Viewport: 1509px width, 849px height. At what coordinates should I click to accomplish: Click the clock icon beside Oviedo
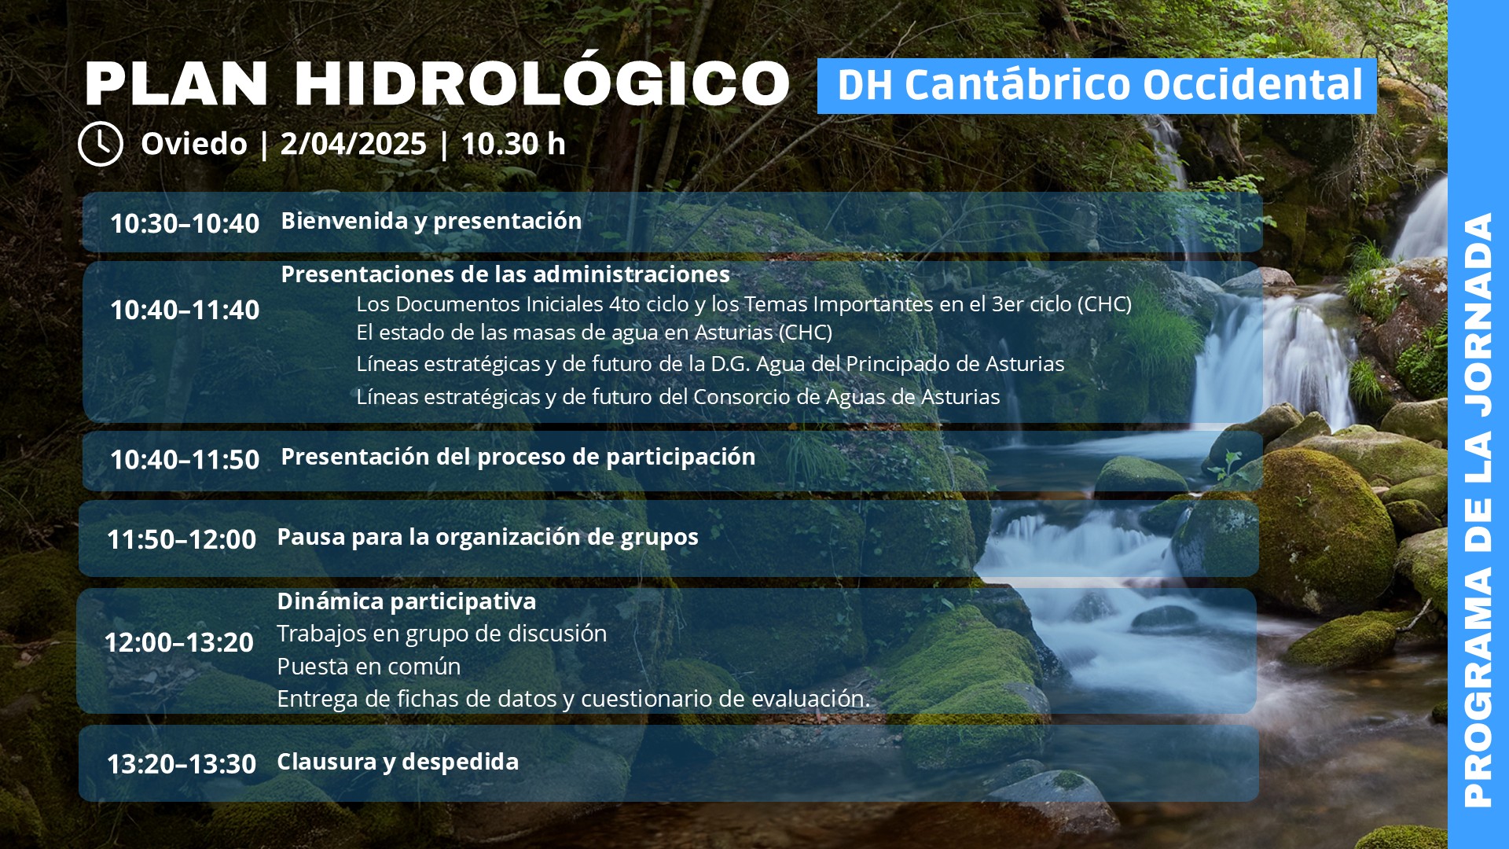click(x=101, y=144)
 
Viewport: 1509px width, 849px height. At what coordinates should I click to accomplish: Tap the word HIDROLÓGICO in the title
click(x=542, y=83)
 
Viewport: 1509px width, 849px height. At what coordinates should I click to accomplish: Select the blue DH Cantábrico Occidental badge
click(x=1097, y=86)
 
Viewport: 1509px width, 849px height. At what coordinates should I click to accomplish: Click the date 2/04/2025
click(x=353, y=144)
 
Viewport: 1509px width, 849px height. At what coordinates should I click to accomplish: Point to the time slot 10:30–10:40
click(x=185, y=223)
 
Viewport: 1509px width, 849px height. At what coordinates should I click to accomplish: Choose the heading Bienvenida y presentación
click(x=431, y=221)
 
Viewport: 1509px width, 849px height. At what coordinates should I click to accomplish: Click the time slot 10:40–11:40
click(x=185, y=310)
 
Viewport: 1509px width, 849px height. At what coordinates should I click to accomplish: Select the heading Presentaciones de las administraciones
click(x=505, y=274)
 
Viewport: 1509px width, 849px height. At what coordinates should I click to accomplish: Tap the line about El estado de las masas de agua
click(x=594, y=333)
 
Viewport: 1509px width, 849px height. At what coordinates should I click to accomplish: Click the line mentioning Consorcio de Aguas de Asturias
click(x=678, y=397)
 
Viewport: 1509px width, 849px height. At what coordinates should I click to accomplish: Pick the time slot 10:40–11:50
click(x=185, y=459)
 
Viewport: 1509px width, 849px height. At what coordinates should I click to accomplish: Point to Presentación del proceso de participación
click(x=518, y=457)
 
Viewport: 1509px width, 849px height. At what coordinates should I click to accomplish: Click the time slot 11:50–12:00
click(x=182, y=539)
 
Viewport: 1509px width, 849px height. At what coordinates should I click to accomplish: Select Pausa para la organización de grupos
click(x=487, y=537)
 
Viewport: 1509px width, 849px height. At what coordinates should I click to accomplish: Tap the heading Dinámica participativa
click(x=406, y=601)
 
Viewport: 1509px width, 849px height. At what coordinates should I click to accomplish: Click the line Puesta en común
click(x=369, y=667)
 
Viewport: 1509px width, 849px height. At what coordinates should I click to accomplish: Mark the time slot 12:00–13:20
click(x=179, y=642)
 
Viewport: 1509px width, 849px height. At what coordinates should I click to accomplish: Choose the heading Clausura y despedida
click(x=398, y=762)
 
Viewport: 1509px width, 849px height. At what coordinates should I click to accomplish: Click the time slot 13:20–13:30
click(x=182, y=764)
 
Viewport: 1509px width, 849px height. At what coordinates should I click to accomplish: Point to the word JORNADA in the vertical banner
click(x=1478, y=315)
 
